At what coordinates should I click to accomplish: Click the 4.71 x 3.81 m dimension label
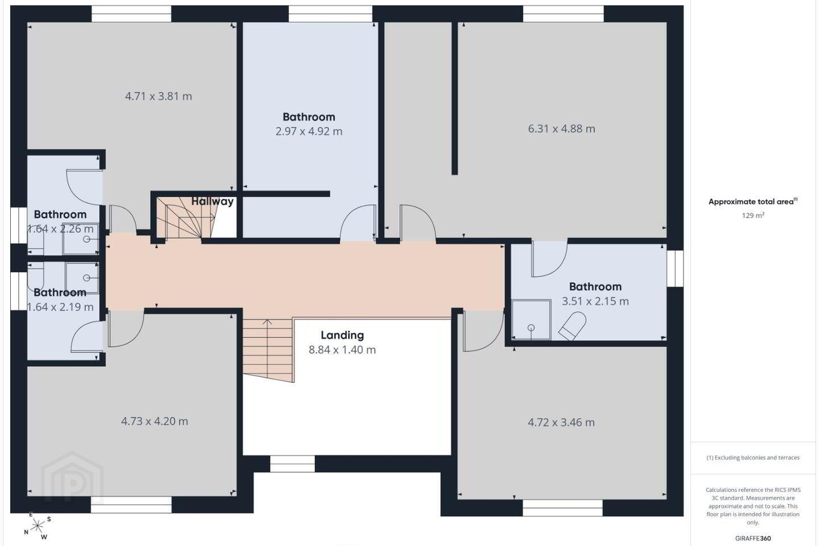click(x=158, y=96)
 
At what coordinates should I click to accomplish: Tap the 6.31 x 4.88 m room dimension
click(x=561, y=129)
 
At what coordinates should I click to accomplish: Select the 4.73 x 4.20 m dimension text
click(x=154, y=421)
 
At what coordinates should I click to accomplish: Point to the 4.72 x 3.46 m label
click(x=561, y=423)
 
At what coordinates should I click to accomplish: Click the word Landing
click(x=342, y=336)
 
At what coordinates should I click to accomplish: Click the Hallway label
click(x=213, y=201)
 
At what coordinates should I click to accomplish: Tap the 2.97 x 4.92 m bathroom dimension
click(x=309, y=131)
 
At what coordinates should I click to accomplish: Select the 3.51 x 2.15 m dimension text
click(x=595, y=301)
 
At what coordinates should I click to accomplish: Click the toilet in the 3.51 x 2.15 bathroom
click(x=572, y=326)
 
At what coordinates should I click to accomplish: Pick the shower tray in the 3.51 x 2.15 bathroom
click(x=531, y=320)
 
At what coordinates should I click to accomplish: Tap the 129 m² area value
click(x=753, y=216)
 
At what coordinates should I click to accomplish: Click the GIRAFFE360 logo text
click(x=753, y=538)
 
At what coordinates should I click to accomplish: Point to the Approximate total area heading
click(x=753, y=201)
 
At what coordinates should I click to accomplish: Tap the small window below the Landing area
click(x=292, y=464)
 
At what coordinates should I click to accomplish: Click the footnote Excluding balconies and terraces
click(x=753, y=457)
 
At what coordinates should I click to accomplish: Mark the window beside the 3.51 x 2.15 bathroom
click(x=675, y=268)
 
